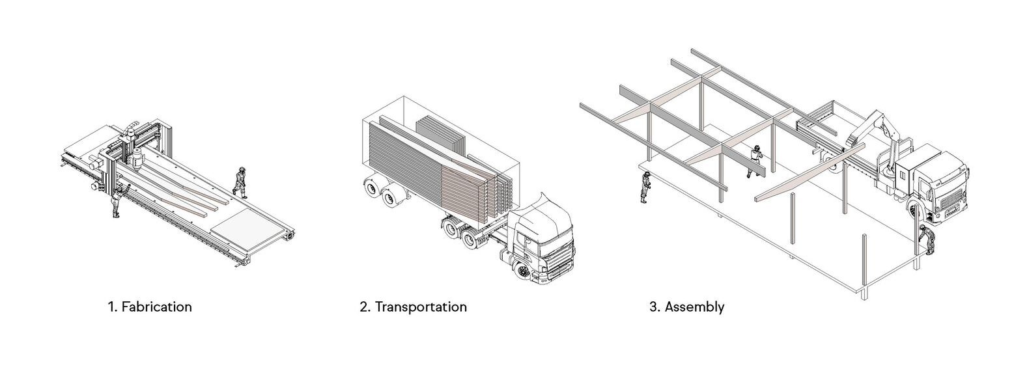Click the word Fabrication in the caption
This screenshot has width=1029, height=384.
pos(157,307)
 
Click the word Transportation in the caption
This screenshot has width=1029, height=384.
pos(421,307)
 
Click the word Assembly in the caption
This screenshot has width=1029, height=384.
pos(694,307)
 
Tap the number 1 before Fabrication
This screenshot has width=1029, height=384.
pos(111,307)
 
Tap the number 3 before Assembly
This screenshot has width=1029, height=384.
pos(653,307)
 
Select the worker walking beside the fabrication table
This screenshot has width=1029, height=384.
pos(240,182)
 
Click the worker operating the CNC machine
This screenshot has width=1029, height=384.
pos(118,200)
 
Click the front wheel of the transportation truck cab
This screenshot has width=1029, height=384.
pos(522,272)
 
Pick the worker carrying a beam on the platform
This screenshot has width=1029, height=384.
pos(755,161)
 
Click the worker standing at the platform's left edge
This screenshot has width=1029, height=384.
pos(646,187)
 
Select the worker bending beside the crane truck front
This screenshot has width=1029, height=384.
pos(927,240)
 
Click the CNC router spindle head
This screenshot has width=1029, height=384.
pos(136,158)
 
